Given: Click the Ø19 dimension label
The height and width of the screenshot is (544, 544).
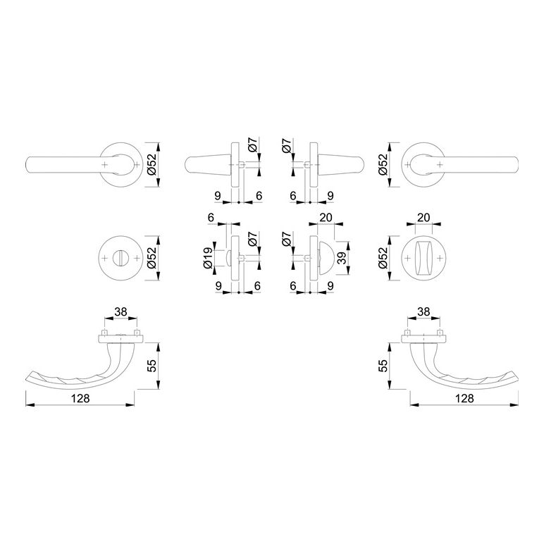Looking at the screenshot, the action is [208, 258].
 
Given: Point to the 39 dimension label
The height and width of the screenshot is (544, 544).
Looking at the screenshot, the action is [342, 258].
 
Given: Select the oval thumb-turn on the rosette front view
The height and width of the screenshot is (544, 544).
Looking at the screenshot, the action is [424, 258].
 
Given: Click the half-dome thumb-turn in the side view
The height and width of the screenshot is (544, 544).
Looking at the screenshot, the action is [326, 258].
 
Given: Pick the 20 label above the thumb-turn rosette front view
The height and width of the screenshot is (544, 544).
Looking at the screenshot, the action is [424, 218].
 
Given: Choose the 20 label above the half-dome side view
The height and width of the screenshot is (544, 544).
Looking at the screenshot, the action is [326, 218].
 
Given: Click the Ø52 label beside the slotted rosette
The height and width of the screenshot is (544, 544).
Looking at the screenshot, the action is [152, 258].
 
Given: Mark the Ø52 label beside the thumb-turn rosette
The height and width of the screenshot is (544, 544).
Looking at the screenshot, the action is [383, 258].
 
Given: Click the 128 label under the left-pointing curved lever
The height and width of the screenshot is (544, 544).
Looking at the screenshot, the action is [80, 398].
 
